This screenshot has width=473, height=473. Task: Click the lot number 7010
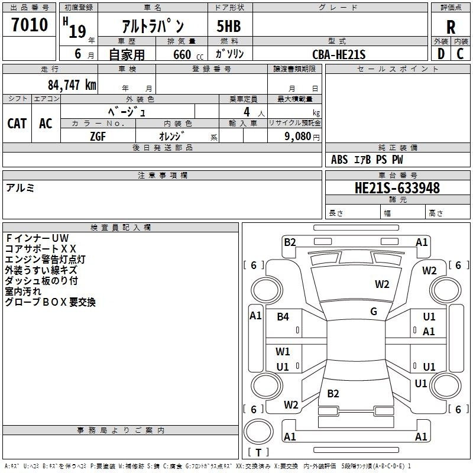point(30,24)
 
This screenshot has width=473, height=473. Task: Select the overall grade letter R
point(451,27)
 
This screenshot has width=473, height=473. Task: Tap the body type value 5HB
point(229,26)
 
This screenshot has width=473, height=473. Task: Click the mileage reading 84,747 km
point(72,85)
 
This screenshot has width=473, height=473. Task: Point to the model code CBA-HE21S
point(339,54)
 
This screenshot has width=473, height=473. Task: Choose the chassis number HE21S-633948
point(397,188)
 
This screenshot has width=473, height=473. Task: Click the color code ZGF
point(98,137)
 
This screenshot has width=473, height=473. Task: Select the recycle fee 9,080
point(298,137)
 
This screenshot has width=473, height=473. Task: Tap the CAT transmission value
point(17,124)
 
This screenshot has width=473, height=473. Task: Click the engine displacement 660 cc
point(188,54)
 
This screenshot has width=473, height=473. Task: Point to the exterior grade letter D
point(441,54)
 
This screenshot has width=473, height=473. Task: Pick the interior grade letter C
point(460,54)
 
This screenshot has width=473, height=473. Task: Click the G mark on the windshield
point(374,312)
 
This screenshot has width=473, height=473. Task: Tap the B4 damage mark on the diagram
point(283,316)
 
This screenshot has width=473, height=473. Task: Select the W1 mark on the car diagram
point(283,351)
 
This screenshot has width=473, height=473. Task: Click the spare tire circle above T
point(258,432)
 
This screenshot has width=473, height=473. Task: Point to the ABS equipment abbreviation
point(339,160)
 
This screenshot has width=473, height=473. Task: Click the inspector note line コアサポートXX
point(41,249)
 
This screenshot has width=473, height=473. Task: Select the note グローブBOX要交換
point(50,302)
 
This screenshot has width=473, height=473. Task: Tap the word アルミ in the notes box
point(20,188)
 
